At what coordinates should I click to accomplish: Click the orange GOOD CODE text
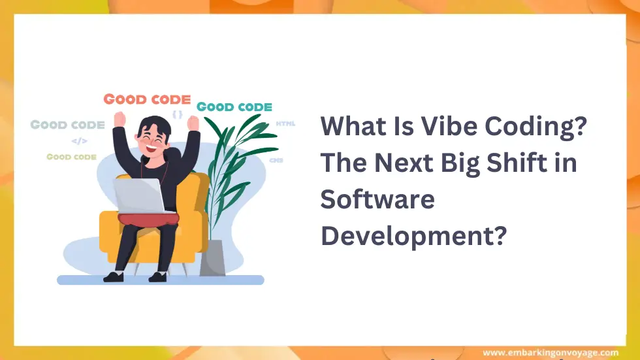(147, 100)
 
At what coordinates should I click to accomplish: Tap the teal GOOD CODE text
(234, 106)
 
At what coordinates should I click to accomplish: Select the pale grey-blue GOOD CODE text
(67, 124)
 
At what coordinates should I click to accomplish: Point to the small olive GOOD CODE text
(71, 157)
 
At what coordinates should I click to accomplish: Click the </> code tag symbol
(79, 140)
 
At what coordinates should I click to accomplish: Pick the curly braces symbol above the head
(178, 114)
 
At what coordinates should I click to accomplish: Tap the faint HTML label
(285, 123)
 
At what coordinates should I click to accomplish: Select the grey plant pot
(213, 258)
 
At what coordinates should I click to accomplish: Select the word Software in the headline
(377, 199)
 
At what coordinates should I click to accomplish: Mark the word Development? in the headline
(413, 235)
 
